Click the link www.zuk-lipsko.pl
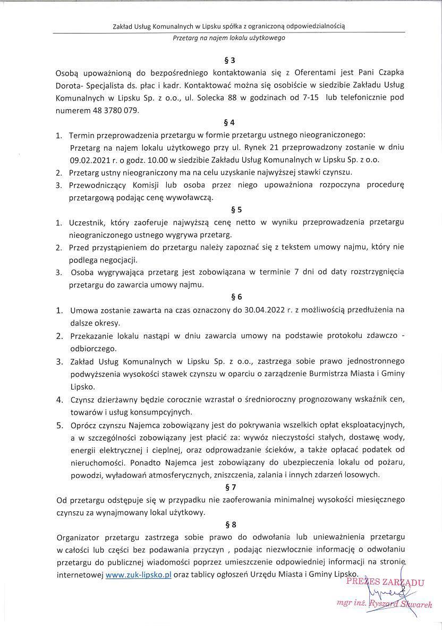(138, 575)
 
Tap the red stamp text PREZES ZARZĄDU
(385, 582)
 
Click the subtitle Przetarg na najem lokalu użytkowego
(229, 38)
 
